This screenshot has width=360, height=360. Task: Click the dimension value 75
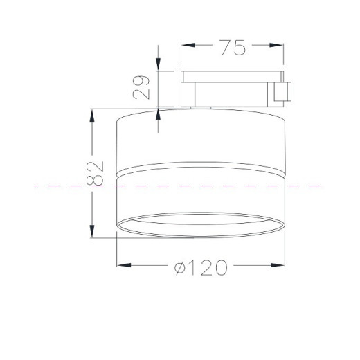232,48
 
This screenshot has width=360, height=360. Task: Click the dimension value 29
141,87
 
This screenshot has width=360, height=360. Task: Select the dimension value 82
95,174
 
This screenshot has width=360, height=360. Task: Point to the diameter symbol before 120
180,268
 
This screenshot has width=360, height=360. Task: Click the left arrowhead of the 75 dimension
188,45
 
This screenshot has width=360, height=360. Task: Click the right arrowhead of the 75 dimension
276,45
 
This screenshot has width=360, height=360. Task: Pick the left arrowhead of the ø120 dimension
124,265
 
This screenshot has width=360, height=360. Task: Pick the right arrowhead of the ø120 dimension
278,265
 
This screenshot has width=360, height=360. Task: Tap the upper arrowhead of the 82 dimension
92,116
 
